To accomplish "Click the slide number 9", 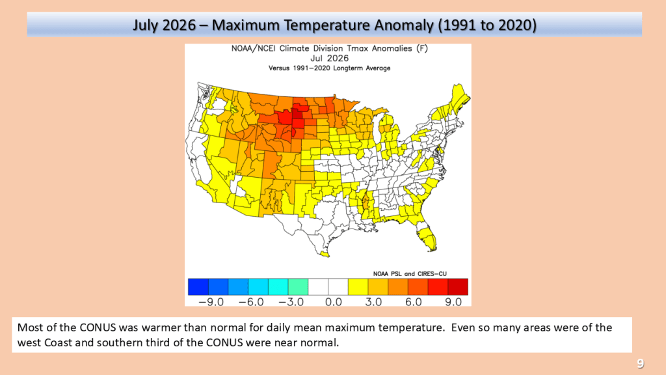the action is click(x=640, y=363).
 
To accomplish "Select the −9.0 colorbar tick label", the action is click(x=211, y=302).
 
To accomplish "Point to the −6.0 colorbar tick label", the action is click(x=251, y=302).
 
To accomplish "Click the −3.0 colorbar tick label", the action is click(x=291, y=302).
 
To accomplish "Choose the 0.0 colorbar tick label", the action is click(x=334, y=302).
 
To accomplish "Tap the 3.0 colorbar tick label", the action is click(x=373, y=302).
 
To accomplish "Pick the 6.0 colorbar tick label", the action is click(x=413, y=302).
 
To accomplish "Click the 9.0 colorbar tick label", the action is click(x=453, y=302).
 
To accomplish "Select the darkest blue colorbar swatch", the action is click(x=198, y=286).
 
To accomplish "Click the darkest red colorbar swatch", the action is click(x=458, y=286).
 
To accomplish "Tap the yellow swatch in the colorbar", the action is click(x=358, y=286).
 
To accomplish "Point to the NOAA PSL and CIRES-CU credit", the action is click(x=410, y=274).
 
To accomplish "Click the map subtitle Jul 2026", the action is click(x=329, y=58).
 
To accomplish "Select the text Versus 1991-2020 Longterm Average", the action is click(x=329, y=68).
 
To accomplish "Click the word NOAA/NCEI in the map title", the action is click(x=253, y=48).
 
